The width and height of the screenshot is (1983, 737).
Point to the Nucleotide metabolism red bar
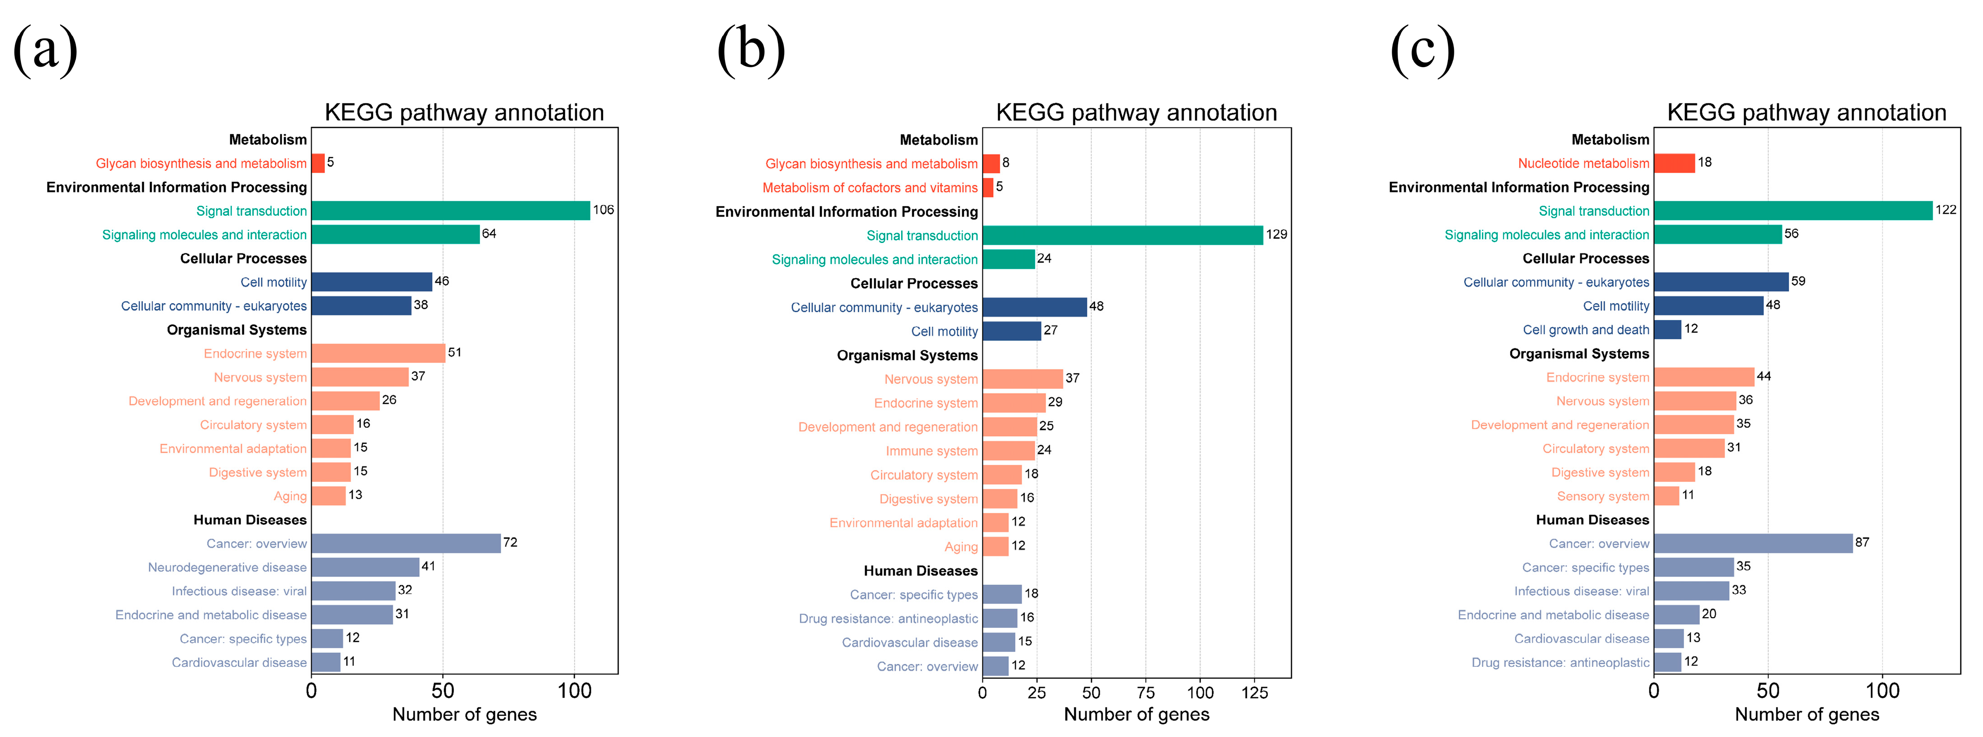[1674, 163]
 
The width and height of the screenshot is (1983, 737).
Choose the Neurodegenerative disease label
[227, 567]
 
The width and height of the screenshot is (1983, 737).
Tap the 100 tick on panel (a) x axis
[574, 691]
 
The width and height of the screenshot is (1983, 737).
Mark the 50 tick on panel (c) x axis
[1768, 691]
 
